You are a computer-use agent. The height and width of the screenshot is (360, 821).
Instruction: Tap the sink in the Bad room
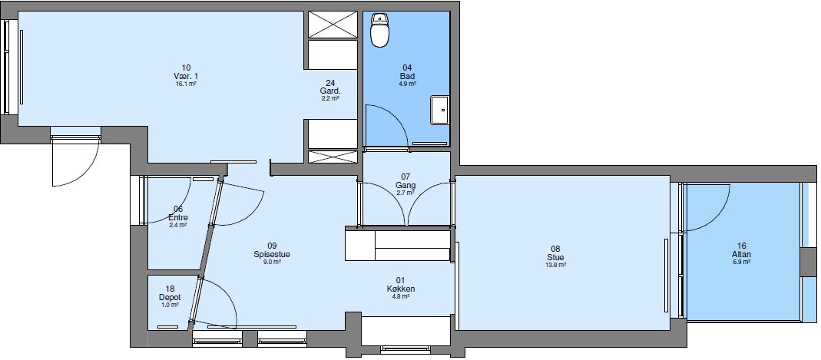click(441, 110)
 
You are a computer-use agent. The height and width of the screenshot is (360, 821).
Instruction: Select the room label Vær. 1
click(187, 76)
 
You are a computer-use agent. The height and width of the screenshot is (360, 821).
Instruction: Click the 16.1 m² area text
click(187, 84)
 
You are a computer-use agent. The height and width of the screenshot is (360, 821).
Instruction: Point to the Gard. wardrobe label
click(330, 91)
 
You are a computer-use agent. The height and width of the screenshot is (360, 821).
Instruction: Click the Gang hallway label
click(406, 186)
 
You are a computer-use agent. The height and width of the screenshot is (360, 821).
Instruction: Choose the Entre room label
click(178, 217)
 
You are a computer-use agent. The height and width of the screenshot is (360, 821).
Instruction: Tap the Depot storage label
click(169, 297)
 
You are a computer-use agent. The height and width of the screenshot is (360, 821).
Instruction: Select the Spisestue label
click(272, 254)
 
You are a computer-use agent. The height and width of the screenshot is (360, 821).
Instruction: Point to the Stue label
click(556, 257)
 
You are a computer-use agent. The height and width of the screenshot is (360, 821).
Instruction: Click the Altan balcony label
click(741, 254)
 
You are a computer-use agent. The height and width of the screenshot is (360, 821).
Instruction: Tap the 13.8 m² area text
click(556, 265)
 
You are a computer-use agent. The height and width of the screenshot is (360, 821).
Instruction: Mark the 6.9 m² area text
click(741, 262)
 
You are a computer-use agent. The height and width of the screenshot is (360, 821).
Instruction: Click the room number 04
click(407, 68)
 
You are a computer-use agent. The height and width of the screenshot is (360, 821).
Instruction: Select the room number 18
click(169, 289)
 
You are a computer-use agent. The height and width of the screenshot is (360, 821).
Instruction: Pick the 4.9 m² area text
click(407, 84)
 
